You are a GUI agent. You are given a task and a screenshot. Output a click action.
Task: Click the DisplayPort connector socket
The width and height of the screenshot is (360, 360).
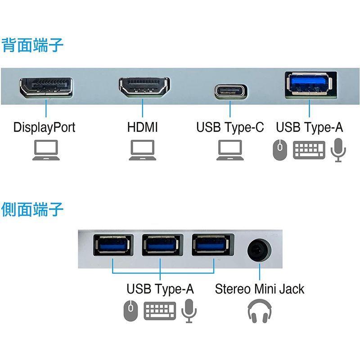point(46,87)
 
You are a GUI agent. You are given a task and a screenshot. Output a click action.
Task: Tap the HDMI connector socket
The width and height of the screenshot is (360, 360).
point(144,88)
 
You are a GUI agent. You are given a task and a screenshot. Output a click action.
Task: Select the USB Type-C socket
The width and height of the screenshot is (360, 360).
point(230,90)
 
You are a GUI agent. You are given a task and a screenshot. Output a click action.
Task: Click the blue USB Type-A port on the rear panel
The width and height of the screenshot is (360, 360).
point(309,85)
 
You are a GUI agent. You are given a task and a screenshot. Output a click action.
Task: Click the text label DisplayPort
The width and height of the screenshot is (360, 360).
point(44,127)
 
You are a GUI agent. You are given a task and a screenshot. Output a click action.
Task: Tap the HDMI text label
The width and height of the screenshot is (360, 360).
point(143,127)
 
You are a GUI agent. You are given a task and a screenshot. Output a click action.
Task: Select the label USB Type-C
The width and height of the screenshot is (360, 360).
point(230,127)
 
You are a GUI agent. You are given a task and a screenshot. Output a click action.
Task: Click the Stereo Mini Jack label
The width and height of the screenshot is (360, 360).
point(260,288)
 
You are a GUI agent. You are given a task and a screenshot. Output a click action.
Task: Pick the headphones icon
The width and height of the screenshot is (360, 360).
point(260,311)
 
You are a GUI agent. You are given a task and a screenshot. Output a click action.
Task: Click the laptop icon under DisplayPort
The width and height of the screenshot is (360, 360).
point(46,150)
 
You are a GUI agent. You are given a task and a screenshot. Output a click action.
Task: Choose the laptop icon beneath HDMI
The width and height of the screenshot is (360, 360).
point(142,150)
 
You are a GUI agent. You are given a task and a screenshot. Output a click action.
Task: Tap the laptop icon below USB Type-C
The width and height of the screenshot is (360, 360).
point(230,150)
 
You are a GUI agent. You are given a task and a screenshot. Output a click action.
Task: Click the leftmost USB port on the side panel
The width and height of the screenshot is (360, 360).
point(113,246)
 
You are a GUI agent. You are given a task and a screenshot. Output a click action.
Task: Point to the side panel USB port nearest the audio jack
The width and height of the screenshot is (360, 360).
point(210,246)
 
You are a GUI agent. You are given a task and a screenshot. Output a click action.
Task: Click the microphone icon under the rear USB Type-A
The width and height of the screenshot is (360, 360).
point(338,150)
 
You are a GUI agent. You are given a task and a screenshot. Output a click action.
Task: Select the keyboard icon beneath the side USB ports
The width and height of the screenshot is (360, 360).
point(160,311)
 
